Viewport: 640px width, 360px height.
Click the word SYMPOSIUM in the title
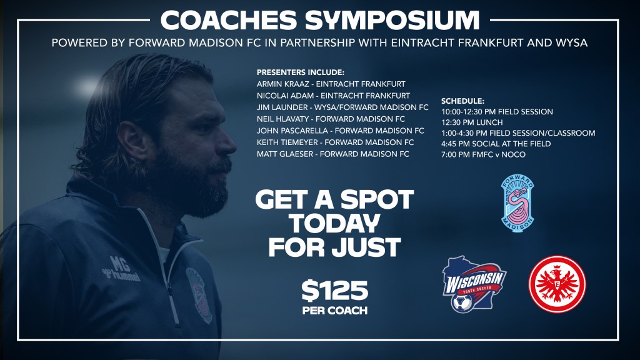[392, 20]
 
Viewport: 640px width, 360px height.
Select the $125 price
[335, 290]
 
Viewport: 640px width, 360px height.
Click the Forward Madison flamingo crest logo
[517, 203]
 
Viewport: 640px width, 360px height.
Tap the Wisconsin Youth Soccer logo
[474, 284]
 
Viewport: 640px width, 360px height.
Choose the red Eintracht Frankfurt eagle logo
[557, 284]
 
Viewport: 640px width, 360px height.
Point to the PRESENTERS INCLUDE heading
[301, 72]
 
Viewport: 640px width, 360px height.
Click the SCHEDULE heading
[463, 101]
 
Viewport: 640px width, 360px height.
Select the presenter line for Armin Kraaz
[331, 84]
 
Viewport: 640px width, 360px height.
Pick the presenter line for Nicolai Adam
[334, 96]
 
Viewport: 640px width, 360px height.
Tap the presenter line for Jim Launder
[342, 107]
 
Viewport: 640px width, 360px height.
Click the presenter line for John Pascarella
[341, 131]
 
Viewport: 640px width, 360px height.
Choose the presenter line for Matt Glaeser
[333, 154]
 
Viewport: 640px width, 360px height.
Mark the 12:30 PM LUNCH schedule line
[472, 122]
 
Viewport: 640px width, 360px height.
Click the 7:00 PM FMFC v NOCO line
[483, 155]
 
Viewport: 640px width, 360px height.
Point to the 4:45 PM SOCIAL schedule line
[496, 144]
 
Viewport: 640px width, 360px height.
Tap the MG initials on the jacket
[119, 264]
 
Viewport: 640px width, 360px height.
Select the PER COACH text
[335, 311]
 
